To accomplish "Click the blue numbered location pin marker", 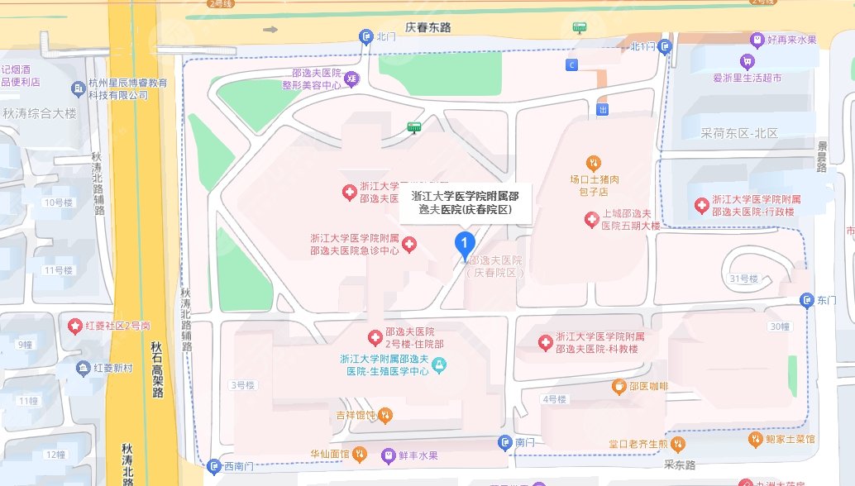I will coord(466,244).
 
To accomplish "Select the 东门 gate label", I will coord(827,300).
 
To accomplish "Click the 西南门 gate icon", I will coord(214,466).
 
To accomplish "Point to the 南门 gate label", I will coord(526,443).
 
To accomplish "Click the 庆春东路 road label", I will coord(428,27).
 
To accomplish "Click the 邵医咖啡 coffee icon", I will coord(619,386).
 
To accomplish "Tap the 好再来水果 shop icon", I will coord(757,39).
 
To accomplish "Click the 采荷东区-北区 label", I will coord(739,132).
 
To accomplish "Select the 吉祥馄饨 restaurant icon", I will coord(385,414).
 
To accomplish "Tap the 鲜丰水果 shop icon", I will coord(387,455).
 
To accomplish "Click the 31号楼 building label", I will coord(744,279).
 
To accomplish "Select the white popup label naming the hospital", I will coord(465,203).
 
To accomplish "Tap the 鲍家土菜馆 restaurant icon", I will coord(756,439).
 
